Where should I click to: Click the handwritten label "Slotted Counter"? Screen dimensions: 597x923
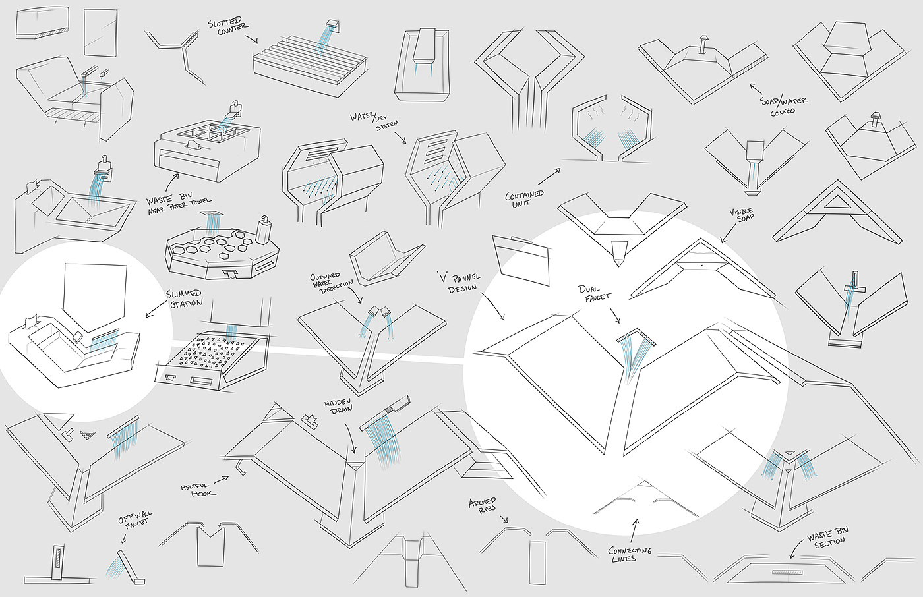tap(227, 26)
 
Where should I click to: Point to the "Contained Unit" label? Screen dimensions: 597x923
tap(524, 199)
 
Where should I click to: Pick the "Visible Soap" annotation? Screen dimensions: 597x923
tap(741, 214)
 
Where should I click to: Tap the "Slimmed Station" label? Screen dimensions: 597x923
tap(185, 298)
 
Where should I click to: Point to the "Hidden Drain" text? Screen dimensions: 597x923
tap(338, 405)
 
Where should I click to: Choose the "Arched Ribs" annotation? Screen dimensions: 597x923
tap(483, 507)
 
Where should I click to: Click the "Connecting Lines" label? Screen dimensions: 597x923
tap(630, 554)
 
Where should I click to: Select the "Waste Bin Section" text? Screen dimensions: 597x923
tap(829, 537)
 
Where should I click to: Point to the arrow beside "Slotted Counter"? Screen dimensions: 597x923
tap(251, 39)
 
